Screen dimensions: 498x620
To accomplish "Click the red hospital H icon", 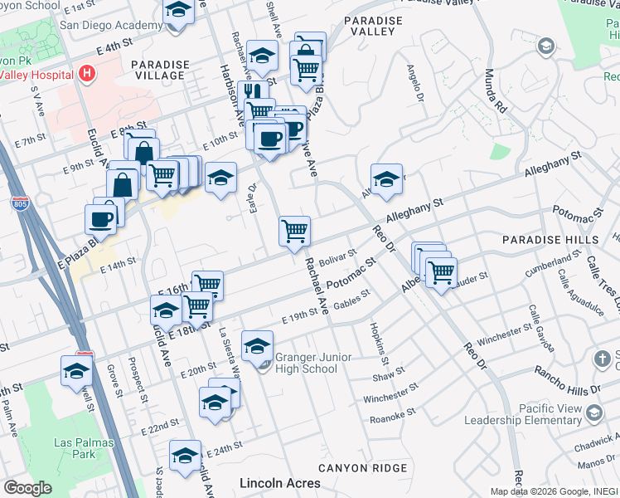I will coord(87,74).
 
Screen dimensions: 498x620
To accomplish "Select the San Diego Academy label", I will coord(110,26).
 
